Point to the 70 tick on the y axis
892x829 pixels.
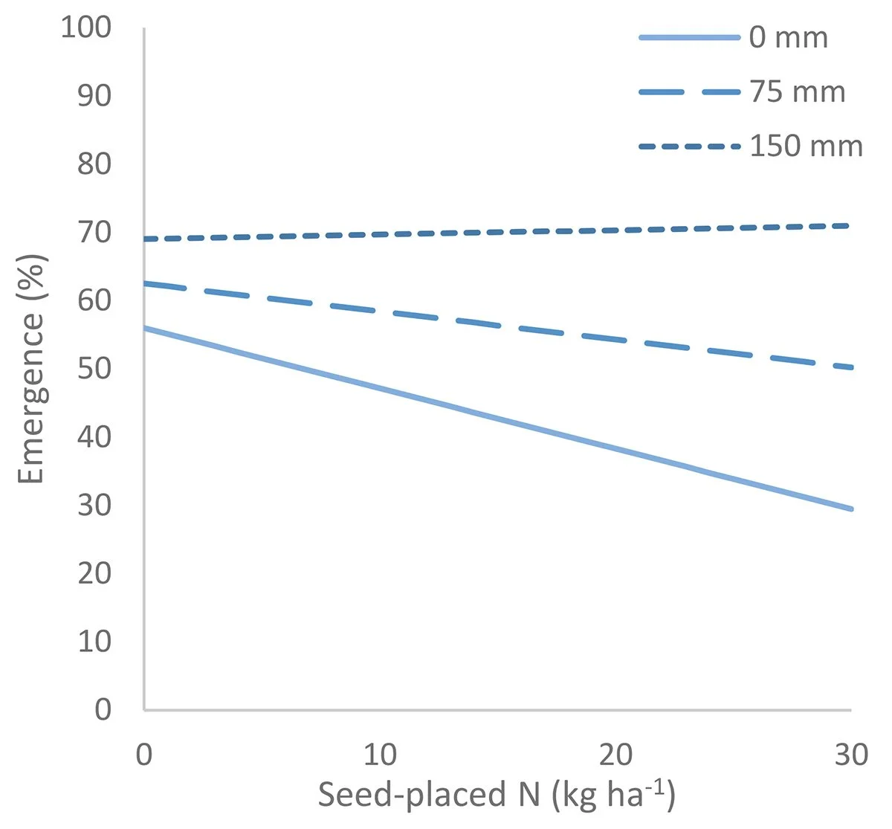pos(94,232)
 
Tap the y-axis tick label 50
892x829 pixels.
pos(94,368)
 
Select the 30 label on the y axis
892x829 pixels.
pos(94,505)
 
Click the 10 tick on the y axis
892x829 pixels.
pos(94,641)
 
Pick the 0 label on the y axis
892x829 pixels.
pos(103,709)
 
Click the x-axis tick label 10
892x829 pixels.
pos(380,755)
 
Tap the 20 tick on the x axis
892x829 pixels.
pos(615,755)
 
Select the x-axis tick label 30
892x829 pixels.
pos(851,755)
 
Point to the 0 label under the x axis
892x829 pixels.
pos(144,755)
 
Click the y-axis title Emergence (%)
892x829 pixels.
pos(31,369)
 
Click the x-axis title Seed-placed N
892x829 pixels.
pos(497,796)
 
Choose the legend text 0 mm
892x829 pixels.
pos(788,37)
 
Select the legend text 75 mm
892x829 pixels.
pos(797,92)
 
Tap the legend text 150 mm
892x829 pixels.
pos(806,146)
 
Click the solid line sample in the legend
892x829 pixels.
pos(690,37)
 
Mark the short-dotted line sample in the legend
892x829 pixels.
pos(690,146)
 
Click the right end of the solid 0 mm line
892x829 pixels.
pos(852,509)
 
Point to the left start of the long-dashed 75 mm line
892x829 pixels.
pos(146,283)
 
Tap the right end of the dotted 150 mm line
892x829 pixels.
pos(850,225)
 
